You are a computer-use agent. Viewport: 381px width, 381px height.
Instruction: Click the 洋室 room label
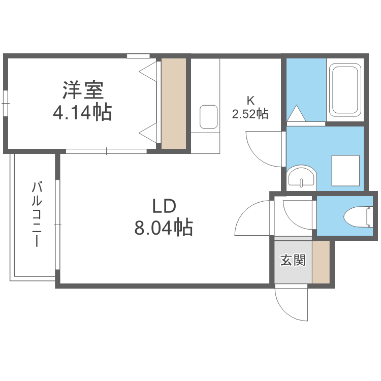coord(83,90)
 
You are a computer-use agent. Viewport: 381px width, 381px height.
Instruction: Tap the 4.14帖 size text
coord(82,112)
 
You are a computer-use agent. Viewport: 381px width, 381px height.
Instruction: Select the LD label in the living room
coord(164,206)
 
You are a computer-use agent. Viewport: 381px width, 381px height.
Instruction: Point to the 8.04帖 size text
coord(164,228)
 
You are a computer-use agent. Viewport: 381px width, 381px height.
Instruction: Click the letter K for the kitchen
coord(250,100)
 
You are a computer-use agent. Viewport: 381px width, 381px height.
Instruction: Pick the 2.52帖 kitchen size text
coord(250,114)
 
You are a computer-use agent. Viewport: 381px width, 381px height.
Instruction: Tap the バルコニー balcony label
coord(37,214)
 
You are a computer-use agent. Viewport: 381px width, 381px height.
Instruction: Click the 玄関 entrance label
coord(293,260)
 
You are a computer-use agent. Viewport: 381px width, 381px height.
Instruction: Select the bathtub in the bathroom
coord(345,89)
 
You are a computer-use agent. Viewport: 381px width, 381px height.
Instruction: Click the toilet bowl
coord(358,217)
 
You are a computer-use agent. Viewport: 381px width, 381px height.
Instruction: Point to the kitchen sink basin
coord(208,117)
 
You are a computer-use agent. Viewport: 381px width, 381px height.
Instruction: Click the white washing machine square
coord(345,171)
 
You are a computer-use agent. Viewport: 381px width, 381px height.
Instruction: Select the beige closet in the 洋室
coord(174,104)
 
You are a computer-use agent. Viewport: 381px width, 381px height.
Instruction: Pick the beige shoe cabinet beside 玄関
coord(321,262)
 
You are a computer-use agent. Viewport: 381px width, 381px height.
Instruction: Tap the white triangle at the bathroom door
coord(296,113)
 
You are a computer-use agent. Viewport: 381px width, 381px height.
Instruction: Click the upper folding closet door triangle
coord(147,72)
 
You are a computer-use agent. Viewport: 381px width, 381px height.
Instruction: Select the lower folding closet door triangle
coord(147,133)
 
